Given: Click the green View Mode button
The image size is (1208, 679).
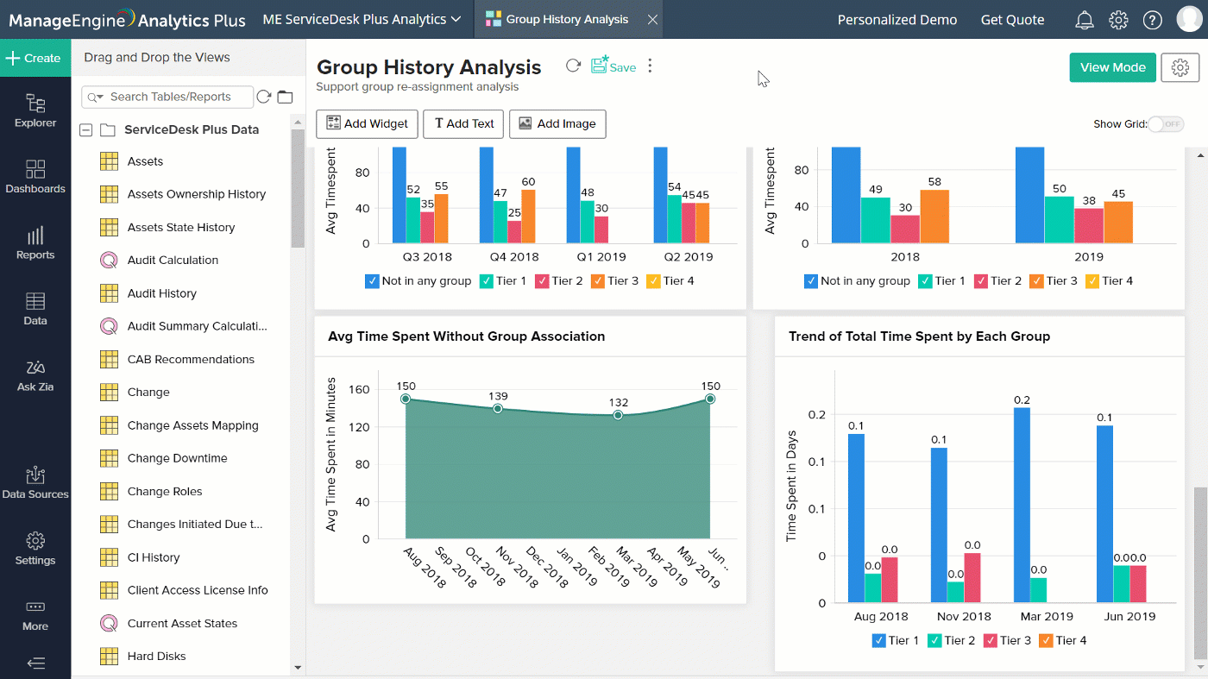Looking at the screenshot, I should click(1112, 67).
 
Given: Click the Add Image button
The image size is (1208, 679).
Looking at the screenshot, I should click(557, 123).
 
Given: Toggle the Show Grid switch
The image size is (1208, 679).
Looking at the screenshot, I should click(1165, 124).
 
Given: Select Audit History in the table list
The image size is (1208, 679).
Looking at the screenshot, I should click(162, 293).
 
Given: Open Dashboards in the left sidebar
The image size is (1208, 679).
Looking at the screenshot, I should click(35, 176).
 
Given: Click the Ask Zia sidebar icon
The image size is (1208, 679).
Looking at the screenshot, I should click(35, 374).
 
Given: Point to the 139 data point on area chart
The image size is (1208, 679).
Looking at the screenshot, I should click(498, 408).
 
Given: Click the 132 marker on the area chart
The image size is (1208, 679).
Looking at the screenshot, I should click(618, 415).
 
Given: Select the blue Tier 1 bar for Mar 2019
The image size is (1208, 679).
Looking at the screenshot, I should click(1022, 505).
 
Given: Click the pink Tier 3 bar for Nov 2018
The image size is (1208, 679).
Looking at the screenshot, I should click(972, 577).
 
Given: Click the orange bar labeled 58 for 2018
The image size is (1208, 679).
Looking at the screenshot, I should click(934, 217).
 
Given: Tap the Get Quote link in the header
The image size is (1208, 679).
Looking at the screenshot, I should click(1012, 20).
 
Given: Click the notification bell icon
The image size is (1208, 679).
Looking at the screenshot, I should click(1085, 20).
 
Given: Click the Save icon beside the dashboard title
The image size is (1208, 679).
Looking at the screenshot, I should click(613, 66).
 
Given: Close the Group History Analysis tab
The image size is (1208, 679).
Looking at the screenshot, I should click(652, 19).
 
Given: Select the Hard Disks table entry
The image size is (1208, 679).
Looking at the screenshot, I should click(156, 656).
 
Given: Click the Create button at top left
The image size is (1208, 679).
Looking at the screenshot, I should click(35, 58).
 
